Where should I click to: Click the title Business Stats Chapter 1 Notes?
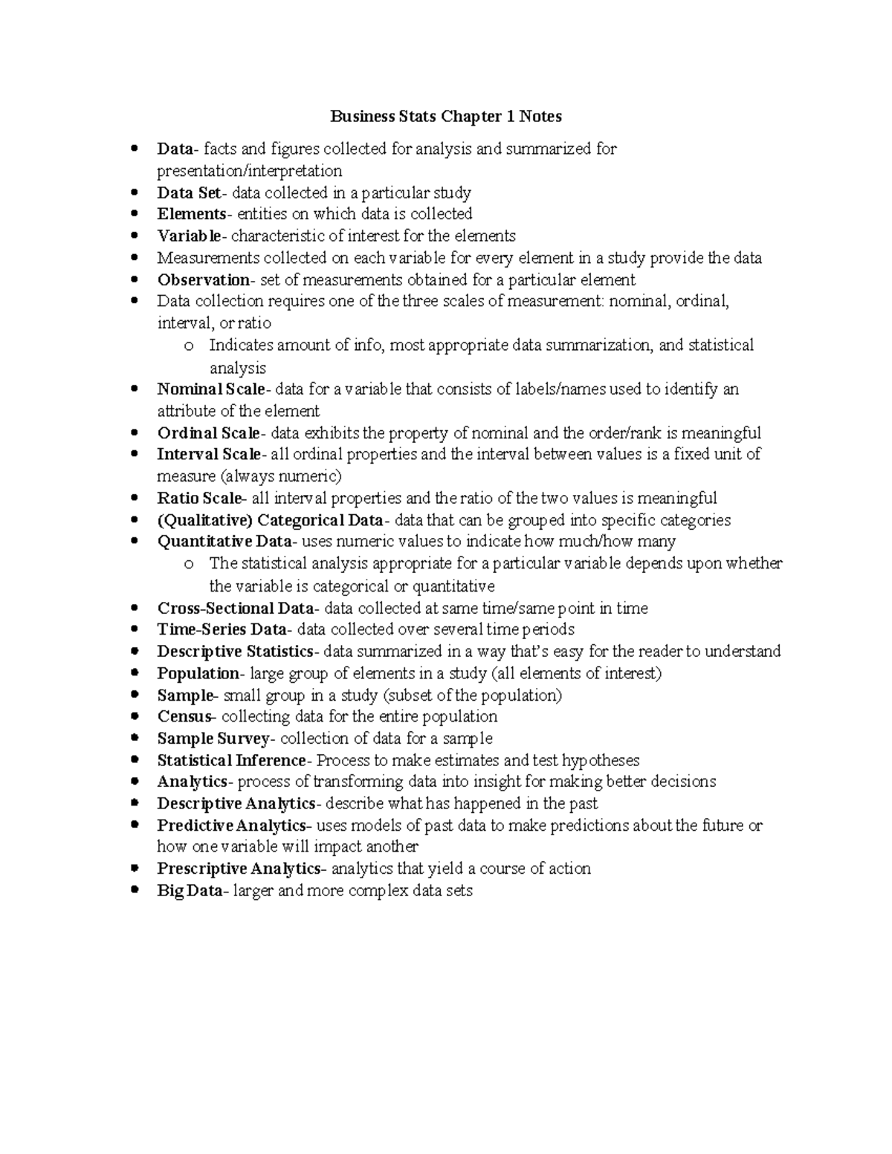tap(446, 117)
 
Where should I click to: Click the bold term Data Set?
tap(189, 193)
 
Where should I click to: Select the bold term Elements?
tap(192, 215)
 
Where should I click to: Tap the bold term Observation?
tap(204, 280)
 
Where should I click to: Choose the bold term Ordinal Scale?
tap(208, 433)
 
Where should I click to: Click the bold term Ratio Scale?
tap(199, 499)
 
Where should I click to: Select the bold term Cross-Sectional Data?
tap(236, 609)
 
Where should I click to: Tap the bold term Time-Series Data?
tap(222, 630)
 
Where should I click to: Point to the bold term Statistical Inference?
tap(231, 761)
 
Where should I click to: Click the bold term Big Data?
tap(189, 891)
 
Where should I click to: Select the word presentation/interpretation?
tap(250, 171)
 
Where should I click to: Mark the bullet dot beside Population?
tap(134, 673)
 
